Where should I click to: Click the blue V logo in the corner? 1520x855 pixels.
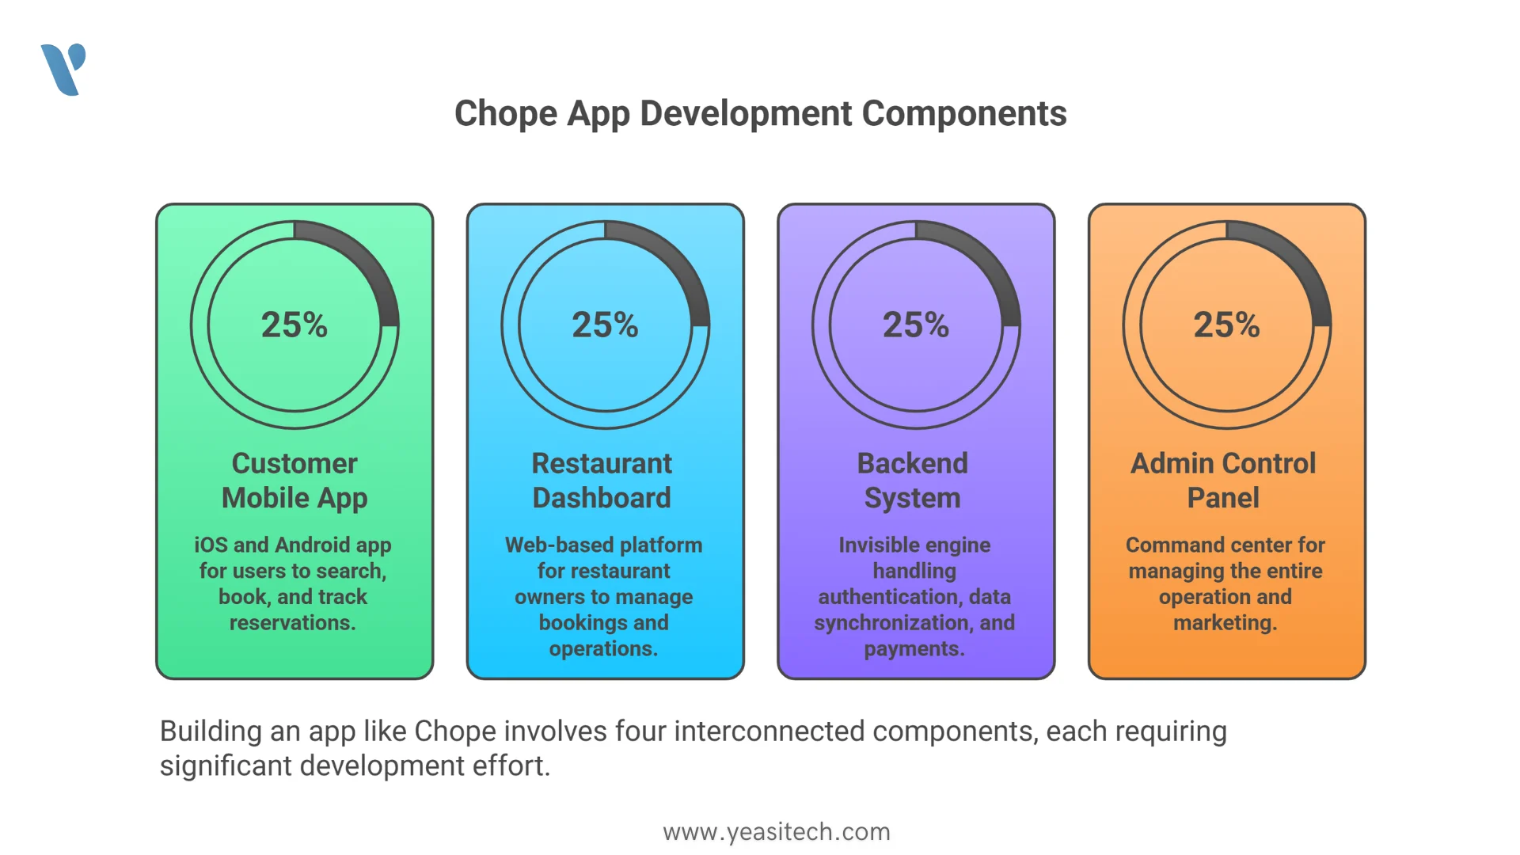63,70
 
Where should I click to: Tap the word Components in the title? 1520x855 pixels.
964,114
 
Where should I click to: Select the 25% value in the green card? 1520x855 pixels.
294,325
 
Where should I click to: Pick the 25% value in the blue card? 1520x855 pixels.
606,325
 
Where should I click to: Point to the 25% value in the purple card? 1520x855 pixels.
916,325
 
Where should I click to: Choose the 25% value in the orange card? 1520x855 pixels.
1227,325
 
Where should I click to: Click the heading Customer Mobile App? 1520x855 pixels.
294,481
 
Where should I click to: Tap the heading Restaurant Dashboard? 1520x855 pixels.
602,481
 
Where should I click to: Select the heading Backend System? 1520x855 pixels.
913,481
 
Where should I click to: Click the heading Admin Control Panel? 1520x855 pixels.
1223,481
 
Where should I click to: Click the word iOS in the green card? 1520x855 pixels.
211,545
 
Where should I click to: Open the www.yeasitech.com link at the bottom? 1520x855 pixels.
777,832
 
